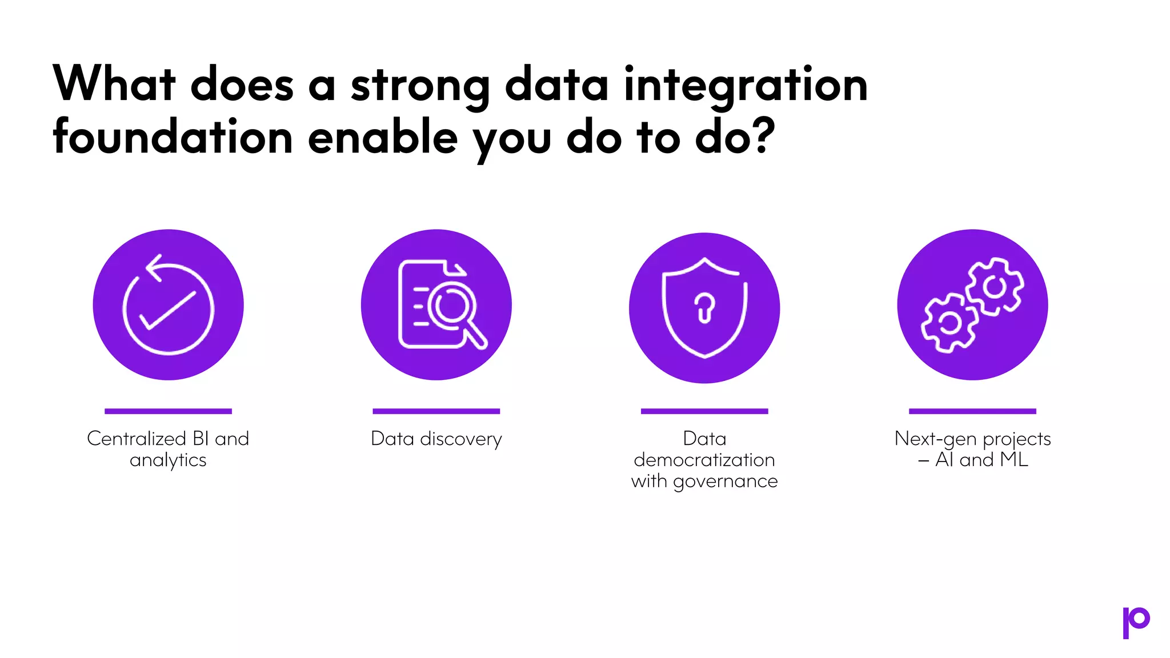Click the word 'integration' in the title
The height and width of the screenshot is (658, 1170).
pos(746,86)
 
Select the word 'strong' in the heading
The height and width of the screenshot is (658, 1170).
pos(420,86)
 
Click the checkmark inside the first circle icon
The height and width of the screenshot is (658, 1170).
pos(168,310)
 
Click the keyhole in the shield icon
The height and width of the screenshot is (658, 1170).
pos(704,308)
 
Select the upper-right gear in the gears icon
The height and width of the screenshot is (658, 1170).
pos(995,287)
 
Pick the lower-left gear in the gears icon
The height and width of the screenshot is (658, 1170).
pos(949,323)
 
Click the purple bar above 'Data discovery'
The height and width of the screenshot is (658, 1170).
pos(436,411)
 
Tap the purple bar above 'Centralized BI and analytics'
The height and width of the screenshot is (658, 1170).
pos(168,411)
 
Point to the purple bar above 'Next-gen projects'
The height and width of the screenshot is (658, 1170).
pos(972,411)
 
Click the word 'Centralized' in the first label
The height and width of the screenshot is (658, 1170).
pos(137,439)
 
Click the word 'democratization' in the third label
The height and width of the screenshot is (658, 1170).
pos(704,460)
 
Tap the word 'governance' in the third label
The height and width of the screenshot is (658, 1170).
pos(725,481)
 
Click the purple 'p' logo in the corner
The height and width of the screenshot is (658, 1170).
pos(1136,622)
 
